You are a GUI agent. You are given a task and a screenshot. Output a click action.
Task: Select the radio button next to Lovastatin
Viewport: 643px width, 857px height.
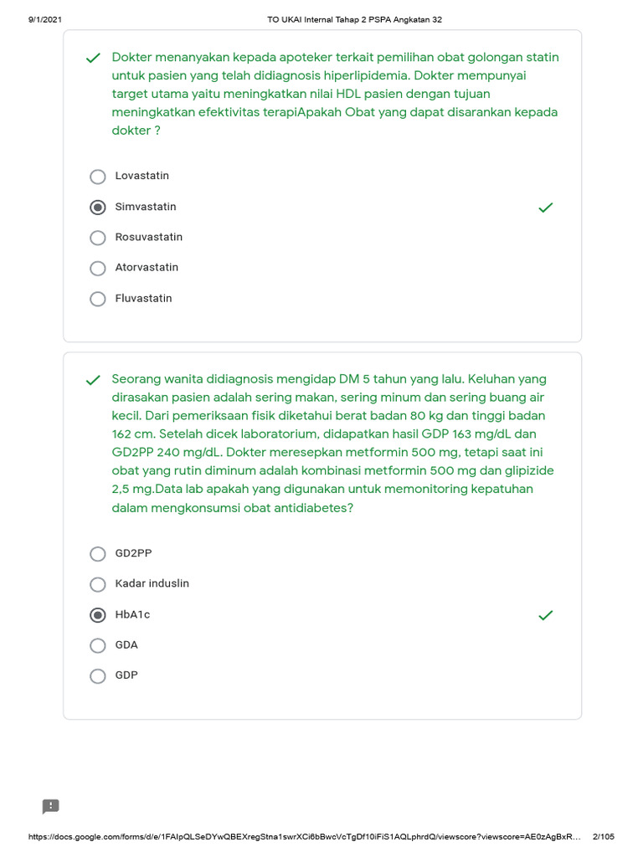(x=98, y=177)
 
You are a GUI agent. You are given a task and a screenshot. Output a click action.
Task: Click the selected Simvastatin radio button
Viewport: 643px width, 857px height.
(x=98, y=207)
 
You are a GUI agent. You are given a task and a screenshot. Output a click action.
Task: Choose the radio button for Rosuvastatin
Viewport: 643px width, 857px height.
(x=98, y=238)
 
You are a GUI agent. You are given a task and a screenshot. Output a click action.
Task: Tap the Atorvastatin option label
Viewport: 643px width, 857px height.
(x=147, y=268)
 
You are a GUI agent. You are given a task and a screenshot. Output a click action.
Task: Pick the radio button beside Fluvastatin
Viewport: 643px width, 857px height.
(x=98, y=299)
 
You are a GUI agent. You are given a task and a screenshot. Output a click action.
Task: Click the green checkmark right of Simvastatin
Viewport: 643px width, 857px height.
(x=546, y=207)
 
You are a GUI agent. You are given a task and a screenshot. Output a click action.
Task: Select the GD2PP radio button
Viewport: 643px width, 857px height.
(x=98, y=554)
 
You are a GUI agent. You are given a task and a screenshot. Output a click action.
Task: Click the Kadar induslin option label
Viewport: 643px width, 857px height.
(x=152, y=583)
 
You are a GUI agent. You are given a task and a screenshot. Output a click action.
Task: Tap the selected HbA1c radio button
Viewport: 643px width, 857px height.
(x=98, y=615)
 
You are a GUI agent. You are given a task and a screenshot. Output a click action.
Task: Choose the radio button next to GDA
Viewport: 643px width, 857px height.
(x=98, y=645)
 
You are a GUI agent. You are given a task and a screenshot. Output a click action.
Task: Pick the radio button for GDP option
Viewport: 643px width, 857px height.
(x=98, y=676)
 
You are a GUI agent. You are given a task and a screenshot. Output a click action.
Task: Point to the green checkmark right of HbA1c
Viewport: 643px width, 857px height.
(x=546, y=615)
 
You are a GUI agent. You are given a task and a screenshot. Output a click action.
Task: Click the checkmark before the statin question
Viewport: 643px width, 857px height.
(x=93, y=58)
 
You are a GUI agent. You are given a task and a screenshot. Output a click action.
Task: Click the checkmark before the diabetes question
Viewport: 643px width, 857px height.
(x=93, y=380)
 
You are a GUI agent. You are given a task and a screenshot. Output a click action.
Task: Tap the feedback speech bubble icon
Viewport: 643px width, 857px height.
(x=51, y=807)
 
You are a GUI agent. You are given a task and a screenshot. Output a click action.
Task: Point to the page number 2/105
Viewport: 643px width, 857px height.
(x=603, y=837)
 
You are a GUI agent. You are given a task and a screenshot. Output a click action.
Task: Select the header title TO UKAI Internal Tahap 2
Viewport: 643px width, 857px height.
(x=353, y=19)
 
